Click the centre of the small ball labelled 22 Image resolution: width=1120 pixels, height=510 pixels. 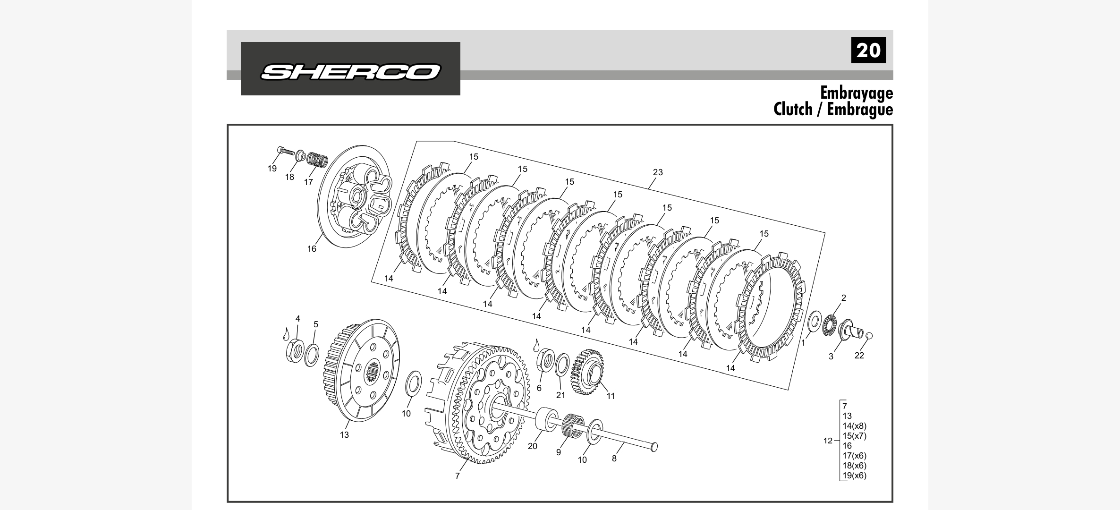pos(869,336)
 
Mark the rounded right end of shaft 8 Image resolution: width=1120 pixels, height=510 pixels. pos(654,447)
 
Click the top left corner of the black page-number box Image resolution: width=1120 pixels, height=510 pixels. pos(851,37)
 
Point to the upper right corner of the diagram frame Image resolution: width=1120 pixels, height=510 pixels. pos(892,125)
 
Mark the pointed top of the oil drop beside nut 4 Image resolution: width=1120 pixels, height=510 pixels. pos(286,328)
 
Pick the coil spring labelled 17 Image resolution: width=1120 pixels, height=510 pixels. pos(317,159)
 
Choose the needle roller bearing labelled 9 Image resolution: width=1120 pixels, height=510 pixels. pos(572,425)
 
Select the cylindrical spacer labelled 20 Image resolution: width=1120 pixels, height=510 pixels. pos(547,419)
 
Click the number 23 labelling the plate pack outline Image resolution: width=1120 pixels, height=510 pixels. pos(658,172)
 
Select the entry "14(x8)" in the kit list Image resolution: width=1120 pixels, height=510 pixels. pos(855,426)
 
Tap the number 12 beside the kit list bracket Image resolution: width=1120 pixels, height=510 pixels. pos(828,441)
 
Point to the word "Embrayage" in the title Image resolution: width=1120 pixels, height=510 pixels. pos(857,93)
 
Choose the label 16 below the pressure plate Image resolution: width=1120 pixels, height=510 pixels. pos(312,249)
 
